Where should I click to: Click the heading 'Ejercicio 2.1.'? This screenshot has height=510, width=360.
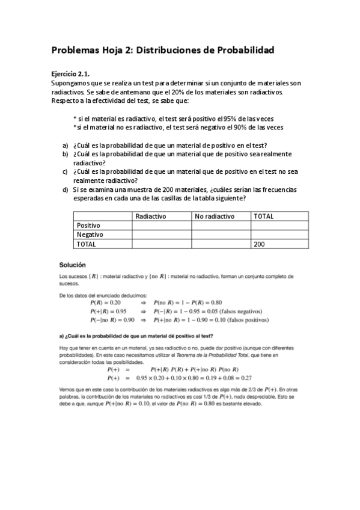click(70, 73)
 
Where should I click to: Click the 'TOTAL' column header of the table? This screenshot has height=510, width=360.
click(264, 216)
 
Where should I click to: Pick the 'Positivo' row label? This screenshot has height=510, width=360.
click(88, 225)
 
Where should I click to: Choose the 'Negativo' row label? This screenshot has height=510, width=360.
click(90, 235)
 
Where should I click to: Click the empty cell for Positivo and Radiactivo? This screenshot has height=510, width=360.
click(161, 225)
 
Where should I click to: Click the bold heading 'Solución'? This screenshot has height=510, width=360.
click(72, 265)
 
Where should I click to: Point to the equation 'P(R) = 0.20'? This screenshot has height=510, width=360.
click(106, 303)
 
